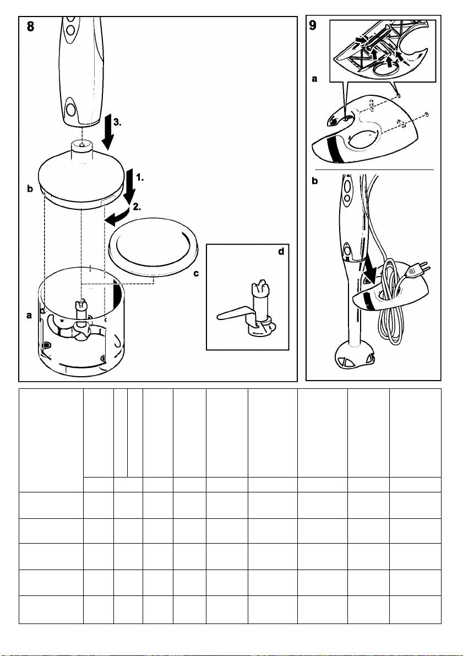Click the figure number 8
click(30, 27)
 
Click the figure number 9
click(313, 25)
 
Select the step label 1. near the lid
click(140, 177)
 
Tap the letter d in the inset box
click(281, 251)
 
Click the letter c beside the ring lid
click(196, 274)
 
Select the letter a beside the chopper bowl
click(29, 316)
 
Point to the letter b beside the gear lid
click(30, 189)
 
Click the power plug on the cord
click(419, 269)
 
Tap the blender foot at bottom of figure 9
click(355, 355)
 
